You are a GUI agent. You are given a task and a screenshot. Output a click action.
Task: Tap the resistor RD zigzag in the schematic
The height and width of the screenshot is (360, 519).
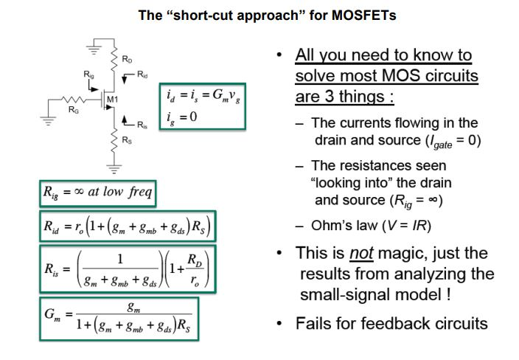(x=113, y=66)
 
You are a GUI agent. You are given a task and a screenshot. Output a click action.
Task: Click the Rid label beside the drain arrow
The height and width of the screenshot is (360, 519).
(x=142, y=75)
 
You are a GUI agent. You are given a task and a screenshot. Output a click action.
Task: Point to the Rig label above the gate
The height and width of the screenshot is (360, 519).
(x=88, y=75)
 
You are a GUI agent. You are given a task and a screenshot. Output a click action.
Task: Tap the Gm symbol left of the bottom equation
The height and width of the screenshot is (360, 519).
(x=53, y=316)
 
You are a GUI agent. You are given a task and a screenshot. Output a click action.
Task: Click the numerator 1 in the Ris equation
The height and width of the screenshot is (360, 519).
(x=119, y=259)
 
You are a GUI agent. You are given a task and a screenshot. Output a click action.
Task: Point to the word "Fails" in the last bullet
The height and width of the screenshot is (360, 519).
(x=316, y=323)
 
